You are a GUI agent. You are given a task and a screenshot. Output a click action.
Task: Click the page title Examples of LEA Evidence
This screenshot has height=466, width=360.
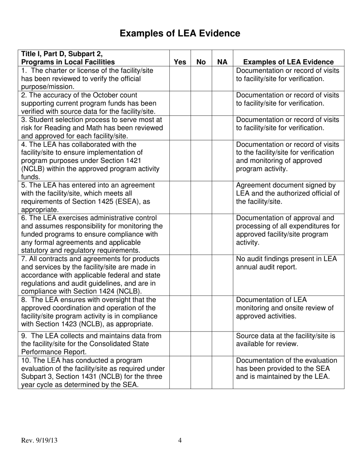(x=180, y=34)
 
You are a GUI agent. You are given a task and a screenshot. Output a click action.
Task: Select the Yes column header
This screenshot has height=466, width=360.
(x=180, y=62)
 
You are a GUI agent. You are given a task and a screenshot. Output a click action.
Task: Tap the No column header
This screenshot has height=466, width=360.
(x=201, y=62)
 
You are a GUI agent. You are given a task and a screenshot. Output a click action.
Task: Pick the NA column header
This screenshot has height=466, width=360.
(x=222, y=62)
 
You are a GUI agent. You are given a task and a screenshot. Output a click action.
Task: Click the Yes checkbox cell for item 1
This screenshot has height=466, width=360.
(x=180, y=79)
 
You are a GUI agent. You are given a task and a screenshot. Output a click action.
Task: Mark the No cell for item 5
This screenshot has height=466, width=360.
(x=201, y=197)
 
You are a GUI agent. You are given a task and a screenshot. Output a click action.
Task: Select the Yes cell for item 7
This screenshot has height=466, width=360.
(x=180, y=275)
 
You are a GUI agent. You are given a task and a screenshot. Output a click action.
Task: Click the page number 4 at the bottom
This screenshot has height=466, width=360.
(x=180, y=440)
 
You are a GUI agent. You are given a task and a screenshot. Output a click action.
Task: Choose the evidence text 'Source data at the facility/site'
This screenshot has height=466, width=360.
(x=286, y=336)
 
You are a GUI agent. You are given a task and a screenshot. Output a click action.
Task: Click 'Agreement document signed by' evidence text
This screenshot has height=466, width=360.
(x=286, y=185)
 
